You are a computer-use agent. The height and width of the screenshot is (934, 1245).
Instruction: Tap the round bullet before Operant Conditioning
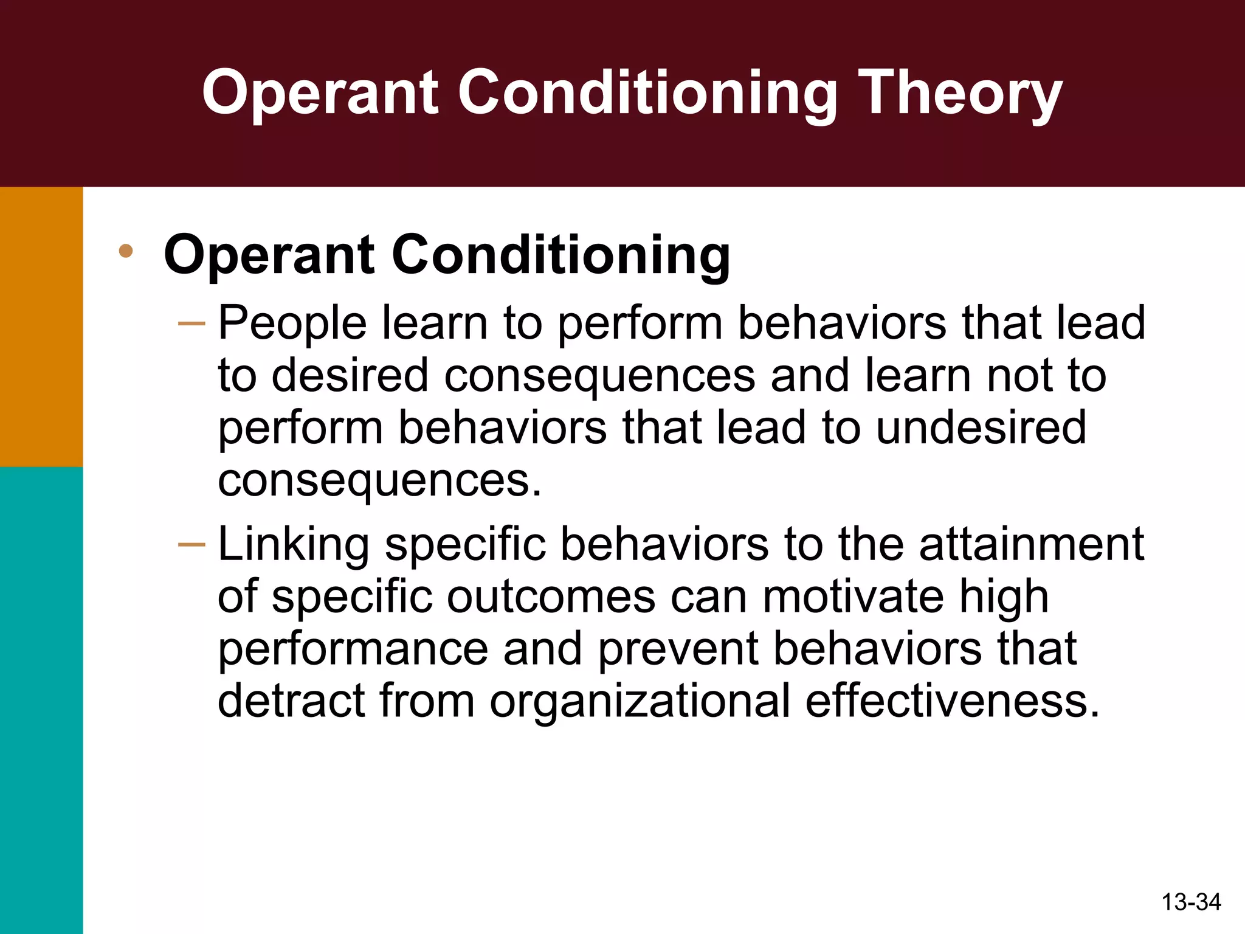pyautogui.click(x=126, y=251)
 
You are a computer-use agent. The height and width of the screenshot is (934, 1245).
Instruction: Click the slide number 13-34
pyautogui.click(x=1191, y=902)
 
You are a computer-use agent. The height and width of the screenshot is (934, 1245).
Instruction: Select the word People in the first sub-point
pyautogui.click(x=292, y=323)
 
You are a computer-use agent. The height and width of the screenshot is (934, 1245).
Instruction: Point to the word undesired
pyautogui.click(x=981, y=427)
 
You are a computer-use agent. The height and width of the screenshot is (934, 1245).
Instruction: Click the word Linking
pyautogui.click(x=293, y=544)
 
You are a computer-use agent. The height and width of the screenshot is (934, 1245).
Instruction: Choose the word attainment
pyautogui.click(x=1032, y=543)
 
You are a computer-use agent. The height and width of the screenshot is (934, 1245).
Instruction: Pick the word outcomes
pyautogui.click(x=551, y=597)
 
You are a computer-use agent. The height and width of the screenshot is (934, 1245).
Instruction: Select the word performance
pyautogui.click(x=353, y=649)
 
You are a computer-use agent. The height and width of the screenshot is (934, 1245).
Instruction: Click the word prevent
pyautogui.click(x=678, y=649)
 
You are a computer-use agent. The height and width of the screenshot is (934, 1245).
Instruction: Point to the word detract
pyautogui.click(x=291, y=701)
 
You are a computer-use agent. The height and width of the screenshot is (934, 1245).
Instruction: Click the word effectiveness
pyautogui.click(x=953, y=701)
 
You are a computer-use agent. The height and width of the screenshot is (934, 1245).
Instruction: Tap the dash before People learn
pyautogui.click(x=191, y=323)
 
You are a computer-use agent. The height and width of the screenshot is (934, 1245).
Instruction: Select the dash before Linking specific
pyautogui.click(x=191, y=544)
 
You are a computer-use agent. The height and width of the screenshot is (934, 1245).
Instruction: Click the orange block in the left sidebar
pyautogui.click(x=41, y=327)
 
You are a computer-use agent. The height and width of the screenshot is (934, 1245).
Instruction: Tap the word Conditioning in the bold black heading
pyautogui.click(x=561, y=255)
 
